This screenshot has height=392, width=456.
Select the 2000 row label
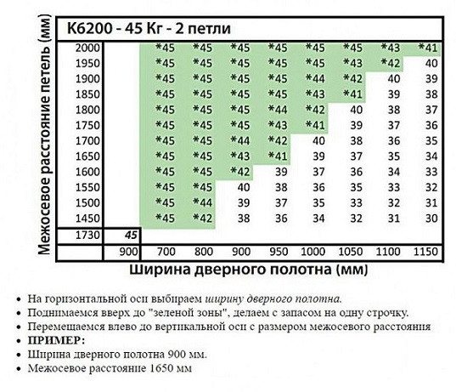[88, 48]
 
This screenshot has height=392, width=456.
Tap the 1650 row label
[88, 156]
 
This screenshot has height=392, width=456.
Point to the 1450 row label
[88, 218]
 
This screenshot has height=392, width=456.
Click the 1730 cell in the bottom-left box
[87, 235]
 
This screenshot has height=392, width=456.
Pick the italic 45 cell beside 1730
[130, 235]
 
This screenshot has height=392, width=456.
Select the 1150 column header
[425, 252]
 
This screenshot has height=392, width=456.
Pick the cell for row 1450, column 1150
[431, 218]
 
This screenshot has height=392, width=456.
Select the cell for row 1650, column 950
[277, 156]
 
